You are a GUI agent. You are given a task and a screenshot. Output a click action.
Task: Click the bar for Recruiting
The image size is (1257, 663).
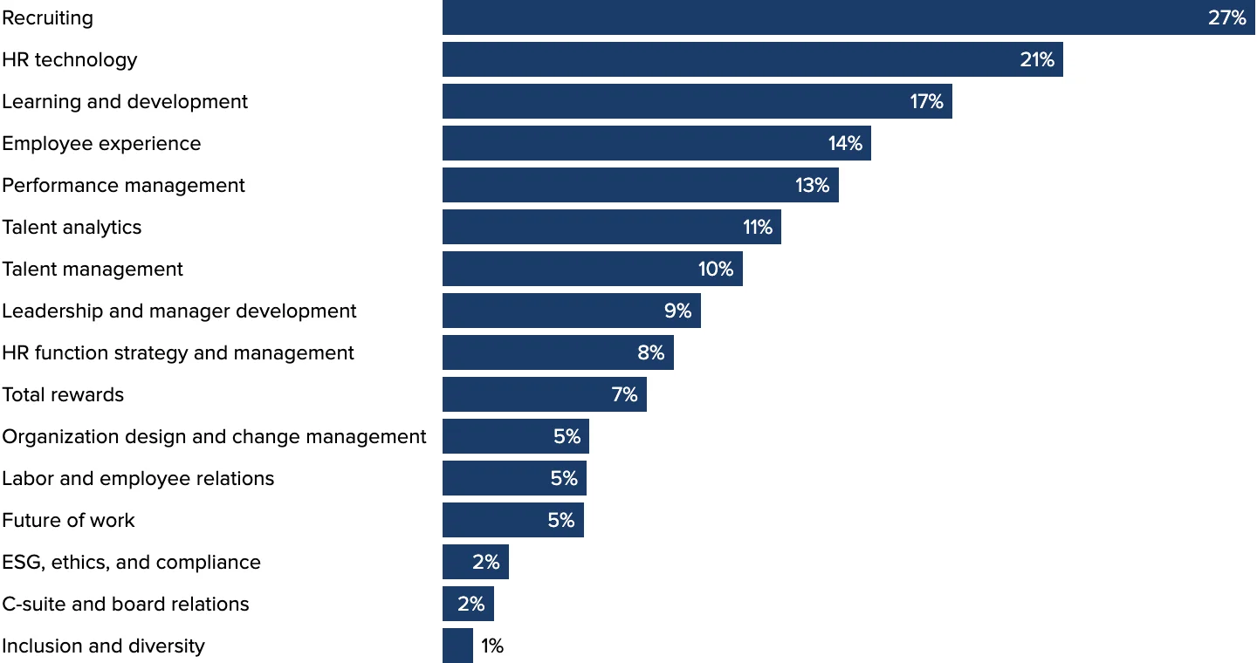(x=821, y=17)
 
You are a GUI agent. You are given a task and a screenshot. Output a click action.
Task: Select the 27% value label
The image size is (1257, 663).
(x=1226, y=17)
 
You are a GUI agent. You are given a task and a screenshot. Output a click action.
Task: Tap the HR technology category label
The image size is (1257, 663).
(x=70, y=59)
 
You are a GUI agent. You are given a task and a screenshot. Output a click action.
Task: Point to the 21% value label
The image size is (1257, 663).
(x=1037, y=59)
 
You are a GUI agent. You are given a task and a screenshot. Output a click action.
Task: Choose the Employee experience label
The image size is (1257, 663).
(x=101, y=143)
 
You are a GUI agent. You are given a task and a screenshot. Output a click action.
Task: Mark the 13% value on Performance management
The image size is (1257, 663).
(x=812, y=185)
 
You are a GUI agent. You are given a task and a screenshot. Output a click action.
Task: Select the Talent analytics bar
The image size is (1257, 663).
(x=594, y=227)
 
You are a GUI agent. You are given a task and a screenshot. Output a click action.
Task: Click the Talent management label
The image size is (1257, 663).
(x=93, y=269)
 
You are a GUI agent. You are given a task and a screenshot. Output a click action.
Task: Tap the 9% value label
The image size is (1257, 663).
(x=677, y=311)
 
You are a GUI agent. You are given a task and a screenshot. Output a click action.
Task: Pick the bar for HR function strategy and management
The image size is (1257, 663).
(x=541, y=352)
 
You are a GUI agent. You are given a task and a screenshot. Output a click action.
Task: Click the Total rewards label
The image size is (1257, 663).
(x=63, y=394)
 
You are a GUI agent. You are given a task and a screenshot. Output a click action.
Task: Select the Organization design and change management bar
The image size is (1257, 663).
(x=498, y=436)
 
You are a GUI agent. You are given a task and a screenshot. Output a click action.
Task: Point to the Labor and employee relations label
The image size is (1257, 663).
(x=138, y=478)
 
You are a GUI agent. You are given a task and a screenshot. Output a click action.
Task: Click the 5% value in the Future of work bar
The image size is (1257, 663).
(x=560, y=520)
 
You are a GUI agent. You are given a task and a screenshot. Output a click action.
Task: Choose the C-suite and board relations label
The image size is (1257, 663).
(x=126, y=604)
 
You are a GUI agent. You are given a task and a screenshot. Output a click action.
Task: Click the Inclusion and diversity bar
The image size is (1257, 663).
(x=457, y=646)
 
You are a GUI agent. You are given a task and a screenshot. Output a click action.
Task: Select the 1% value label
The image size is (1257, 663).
(x=492, y=646)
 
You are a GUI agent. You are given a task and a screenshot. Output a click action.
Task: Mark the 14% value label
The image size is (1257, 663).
(x=845, y=143)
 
